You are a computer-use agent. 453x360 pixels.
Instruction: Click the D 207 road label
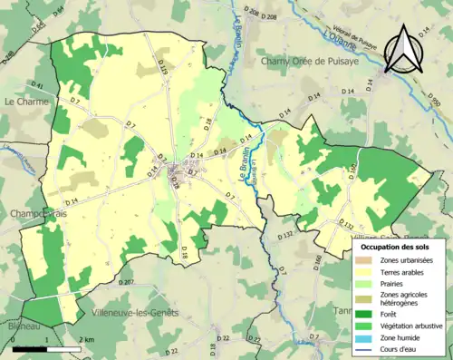(126, 284)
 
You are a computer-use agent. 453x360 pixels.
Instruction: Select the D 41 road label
(37, 85)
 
